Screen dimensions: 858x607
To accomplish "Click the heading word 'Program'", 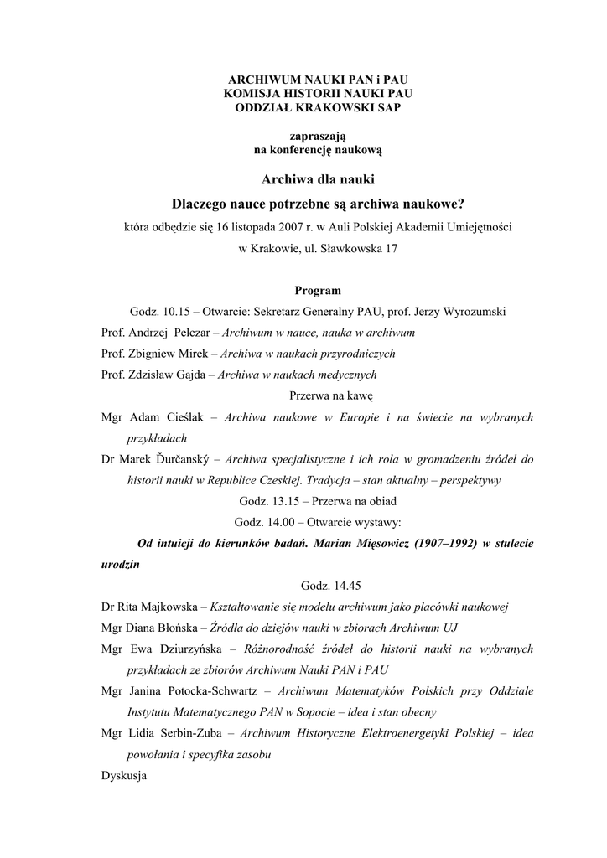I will tap(318, 291).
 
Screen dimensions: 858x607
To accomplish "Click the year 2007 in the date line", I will tap(292, 226).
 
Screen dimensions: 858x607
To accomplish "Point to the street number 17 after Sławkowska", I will tap(390, 249).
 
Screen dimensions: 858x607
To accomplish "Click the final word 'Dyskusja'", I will tap(123, 776).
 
